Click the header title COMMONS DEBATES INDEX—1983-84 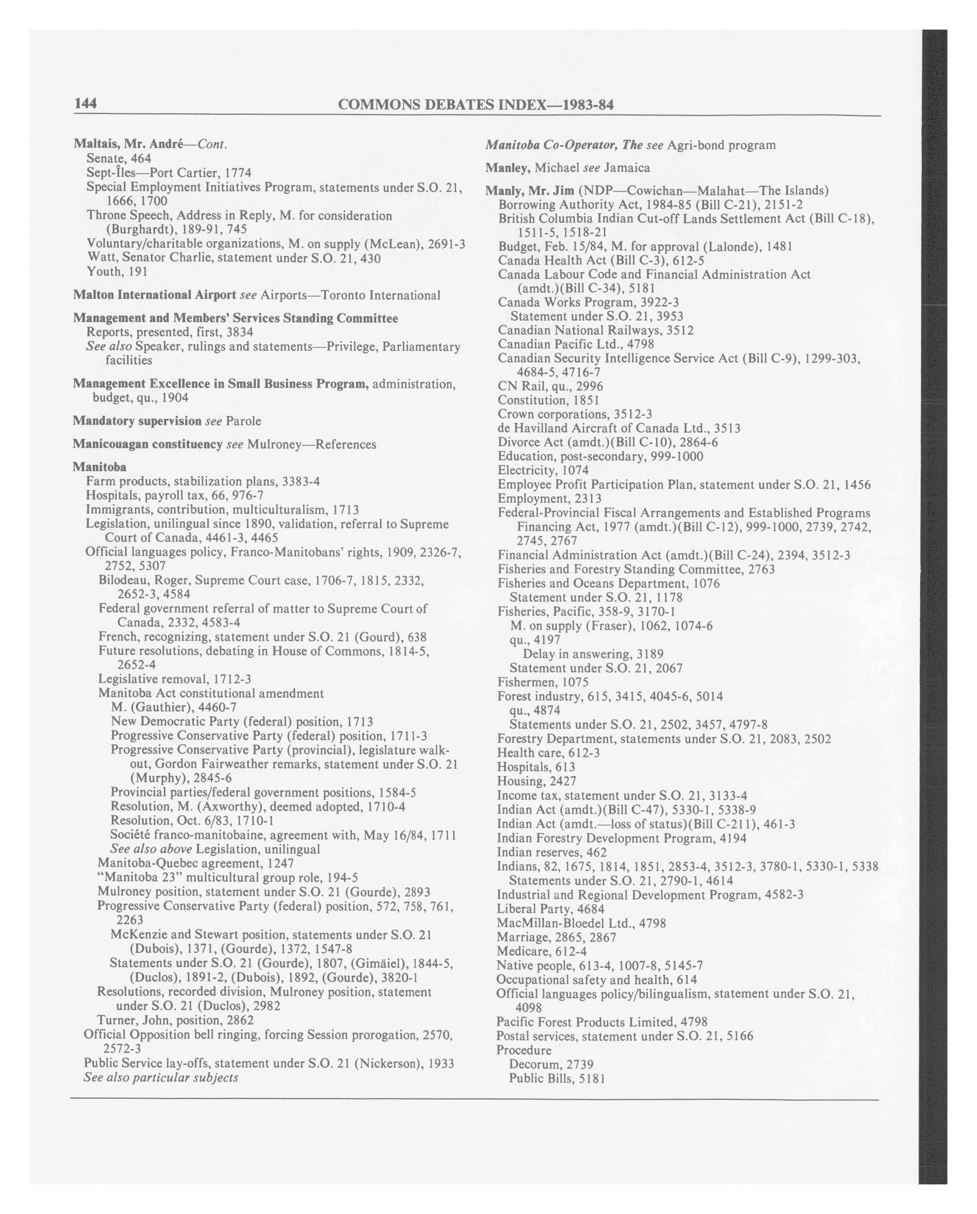pos(475,105)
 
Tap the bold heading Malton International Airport pos(154,294)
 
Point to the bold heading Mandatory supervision pos(137,421)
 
